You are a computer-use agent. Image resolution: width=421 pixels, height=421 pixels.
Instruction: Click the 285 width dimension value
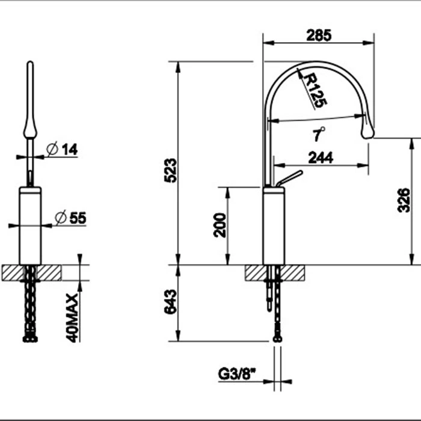[319, 35]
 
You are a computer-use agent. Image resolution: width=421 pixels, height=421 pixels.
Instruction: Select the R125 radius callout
[315, 90]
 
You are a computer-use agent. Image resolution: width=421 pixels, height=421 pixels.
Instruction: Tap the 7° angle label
[319, 134]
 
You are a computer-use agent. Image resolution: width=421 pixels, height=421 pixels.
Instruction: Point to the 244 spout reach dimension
[321, 158]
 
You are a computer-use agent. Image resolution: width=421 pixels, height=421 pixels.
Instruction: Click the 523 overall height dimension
[171, 170]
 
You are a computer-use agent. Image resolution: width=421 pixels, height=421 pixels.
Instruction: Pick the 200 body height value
[220, 225]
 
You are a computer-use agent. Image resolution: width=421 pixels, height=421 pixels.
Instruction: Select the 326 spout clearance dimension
[404, 200]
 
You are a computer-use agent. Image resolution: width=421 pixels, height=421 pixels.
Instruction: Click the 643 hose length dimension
[171, 301]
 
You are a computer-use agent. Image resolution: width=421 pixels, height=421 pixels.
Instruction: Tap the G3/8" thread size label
[237, 374]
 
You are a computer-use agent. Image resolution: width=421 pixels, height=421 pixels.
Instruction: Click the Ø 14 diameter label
[62, 149]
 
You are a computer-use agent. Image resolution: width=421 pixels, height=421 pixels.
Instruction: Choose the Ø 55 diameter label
[70, 218]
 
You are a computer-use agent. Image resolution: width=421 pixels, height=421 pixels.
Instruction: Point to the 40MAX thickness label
[72, 318]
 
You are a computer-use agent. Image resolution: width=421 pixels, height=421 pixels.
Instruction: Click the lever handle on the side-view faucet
[289, 178]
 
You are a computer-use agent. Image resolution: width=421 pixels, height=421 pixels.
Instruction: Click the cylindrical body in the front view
[30, 226]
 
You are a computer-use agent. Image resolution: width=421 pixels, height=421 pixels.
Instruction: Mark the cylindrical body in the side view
[274, 226]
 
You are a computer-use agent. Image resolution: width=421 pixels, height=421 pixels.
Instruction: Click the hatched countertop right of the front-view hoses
[49, 273]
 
